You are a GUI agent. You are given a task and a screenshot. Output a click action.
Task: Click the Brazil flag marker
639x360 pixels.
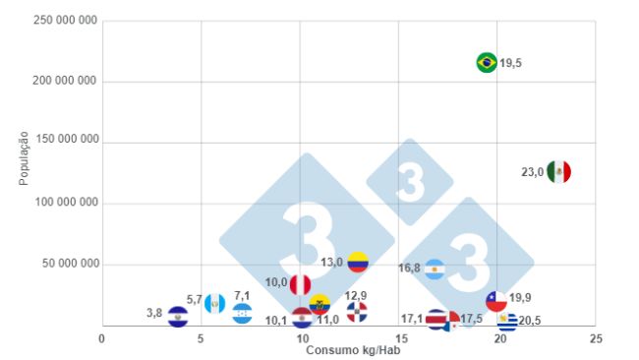click(x=486, y=63)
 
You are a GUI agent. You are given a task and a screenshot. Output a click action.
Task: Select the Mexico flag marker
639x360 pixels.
click(x=558, y=171)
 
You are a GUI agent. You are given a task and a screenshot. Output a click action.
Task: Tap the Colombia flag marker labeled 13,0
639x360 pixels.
click(x=358, y=263)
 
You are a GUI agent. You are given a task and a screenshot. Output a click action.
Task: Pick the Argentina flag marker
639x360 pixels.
click(x=435, y=269)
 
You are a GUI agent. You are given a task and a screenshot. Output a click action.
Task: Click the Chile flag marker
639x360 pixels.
click(x=496, y=300)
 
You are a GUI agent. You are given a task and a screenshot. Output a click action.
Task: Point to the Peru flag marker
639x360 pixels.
click(x=300, y=284)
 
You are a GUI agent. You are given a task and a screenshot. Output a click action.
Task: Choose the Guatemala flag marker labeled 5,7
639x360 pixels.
click(x=215, y=302)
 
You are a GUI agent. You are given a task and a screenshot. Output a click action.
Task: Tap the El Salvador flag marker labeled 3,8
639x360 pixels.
click(x=178, y=316)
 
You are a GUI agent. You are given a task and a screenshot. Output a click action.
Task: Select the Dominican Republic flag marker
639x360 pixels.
click(x=357, y=312)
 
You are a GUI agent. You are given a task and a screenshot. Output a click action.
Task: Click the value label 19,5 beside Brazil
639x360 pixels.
click(x=510, y=63)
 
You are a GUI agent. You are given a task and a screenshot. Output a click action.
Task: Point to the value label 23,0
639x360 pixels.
click(x=532, y=172)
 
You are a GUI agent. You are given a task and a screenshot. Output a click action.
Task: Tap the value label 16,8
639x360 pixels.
click(x=409, y=268)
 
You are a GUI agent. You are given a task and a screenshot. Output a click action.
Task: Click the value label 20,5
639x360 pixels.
click(x=530, y=320)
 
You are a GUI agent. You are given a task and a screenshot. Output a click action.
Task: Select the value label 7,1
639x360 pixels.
click(x=242, y=295)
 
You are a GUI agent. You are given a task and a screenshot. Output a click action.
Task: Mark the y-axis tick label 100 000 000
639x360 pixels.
click(x=65, y=203)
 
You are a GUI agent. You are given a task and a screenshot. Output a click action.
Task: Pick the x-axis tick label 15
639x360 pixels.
click(x=398, y=337)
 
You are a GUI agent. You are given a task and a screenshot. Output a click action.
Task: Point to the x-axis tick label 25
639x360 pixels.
click(x=596, y=337)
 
